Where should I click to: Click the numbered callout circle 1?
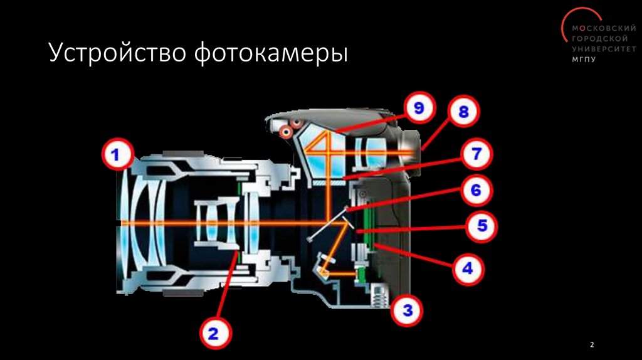[115, 154]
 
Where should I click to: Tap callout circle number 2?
[213, 333]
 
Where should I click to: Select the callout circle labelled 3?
[408, 310]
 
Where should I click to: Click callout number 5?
[482, 225]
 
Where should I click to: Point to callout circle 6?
[476, 190]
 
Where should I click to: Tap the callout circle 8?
[463, 114]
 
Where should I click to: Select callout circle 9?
[418, 109]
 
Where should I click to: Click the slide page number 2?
[592, 346]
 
